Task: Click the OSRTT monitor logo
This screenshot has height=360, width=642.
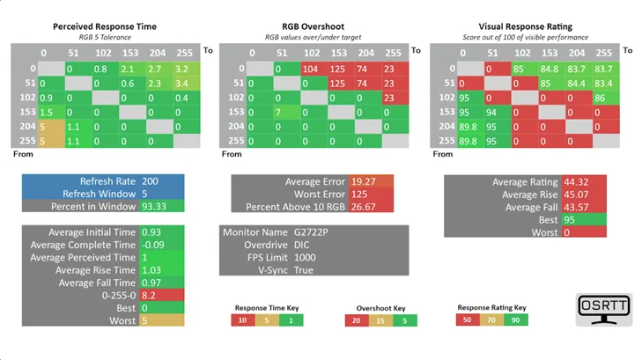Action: [x=604, y=309]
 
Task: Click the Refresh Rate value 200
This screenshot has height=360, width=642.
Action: [x=150, y=181]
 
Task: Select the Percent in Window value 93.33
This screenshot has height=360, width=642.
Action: [x=154, y=206]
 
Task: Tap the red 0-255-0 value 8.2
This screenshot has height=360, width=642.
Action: [x=148, y=296]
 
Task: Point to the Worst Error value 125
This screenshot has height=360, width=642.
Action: [x=359, y=195]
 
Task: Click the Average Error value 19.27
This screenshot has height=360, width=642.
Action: [x=363, y=181]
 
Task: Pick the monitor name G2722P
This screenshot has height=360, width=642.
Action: [x=311, y=232]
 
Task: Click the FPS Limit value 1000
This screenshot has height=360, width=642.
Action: [x=305, y=258]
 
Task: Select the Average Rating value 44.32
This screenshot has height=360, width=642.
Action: [x=576, y=182]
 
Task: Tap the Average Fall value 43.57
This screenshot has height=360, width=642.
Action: [x=576, y=208]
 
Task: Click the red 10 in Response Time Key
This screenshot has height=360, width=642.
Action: [x=243, y=320]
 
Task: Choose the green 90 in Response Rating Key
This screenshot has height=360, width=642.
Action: [x=516, y=320]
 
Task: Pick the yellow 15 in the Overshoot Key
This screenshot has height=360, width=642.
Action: [x=380, y=320]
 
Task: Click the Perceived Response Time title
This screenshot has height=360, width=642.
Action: [x=105, y=26]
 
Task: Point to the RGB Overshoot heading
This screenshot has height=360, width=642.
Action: [x=314, y=26]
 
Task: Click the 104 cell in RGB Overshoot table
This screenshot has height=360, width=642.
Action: [x=314, y=70]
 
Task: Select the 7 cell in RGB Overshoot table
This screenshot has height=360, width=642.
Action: [x=287, y=112]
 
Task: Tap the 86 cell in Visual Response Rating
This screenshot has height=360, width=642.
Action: [x=606, y=98]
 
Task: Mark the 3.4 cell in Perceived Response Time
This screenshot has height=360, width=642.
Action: [x=187, y=84]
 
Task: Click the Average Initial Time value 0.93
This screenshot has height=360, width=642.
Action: [x=151, y=232]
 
